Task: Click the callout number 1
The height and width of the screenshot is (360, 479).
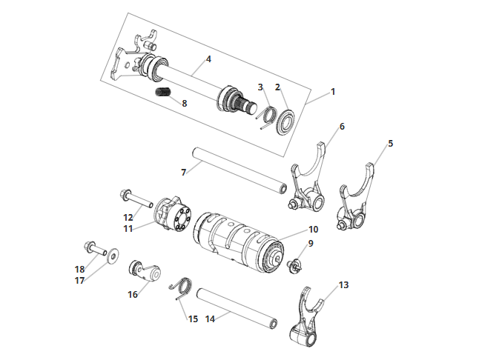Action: tap(333, 92)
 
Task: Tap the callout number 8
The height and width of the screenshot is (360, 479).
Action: tap(184, 104)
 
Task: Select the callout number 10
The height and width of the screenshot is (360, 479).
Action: tap(314, 229)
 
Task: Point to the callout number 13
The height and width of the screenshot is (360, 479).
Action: tap(343, 284)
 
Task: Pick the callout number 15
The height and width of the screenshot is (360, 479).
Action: tap(193, 319)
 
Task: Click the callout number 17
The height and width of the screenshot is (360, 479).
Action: tap(80, 281)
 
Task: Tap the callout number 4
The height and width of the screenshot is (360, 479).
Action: tap(208, 59)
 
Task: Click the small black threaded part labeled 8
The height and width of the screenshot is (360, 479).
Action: tap(164, 93)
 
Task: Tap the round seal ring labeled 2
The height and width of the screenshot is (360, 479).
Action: tap(285, 120)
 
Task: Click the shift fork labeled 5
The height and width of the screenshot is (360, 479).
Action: tap(356, 199)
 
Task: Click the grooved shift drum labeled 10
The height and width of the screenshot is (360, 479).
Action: tap(238, 241)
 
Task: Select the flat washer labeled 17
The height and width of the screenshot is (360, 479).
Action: tap(113, 256)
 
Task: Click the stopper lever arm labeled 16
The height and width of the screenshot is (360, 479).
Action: tap(145, 272)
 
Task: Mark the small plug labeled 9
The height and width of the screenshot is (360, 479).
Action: tap(294, 264)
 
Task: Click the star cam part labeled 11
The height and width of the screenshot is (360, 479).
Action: tap(173, 213)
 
